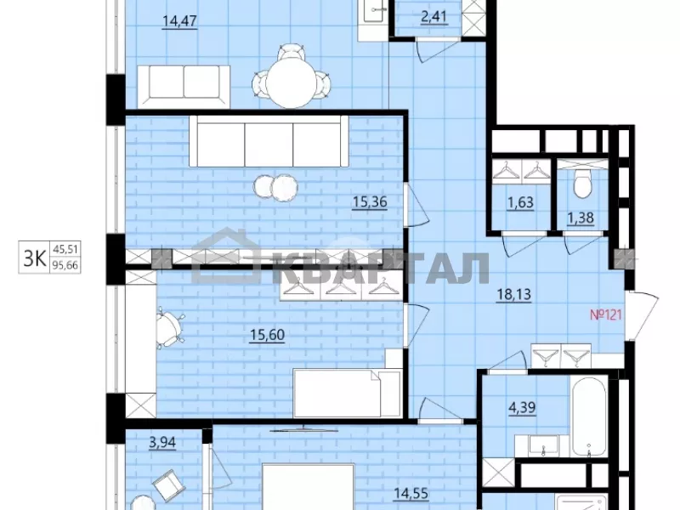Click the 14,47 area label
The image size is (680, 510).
(x=179, y=20)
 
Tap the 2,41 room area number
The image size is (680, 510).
(x=434, y=17)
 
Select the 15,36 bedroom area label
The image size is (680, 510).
(x=370, y=201)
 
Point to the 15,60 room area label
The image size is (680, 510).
(x=267, y=335)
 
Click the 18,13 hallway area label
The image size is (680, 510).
(x=513, y=294)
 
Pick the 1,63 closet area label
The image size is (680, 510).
(x=520, y=202)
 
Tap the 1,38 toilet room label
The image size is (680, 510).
(x=581, y=218)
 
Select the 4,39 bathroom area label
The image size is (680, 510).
(x=523, y=408)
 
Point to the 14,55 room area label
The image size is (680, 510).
(x=411, y=493)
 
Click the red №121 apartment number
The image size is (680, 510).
(x=606, y=314)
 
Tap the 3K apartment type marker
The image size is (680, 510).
(x=35, y=259)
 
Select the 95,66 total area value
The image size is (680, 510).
(x=65, y=265)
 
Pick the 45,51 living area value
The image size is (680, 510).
(x=65, y=249)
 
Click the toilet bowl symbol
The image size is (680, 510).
(x=582, y=184)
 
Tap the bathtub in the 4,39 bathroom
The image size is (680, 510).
(x=588, y=416)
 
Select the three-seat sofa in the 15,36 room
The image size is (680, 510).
(x=269, y=141)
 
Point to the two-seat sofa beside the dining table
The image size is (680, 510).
(x=184, y=87)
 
